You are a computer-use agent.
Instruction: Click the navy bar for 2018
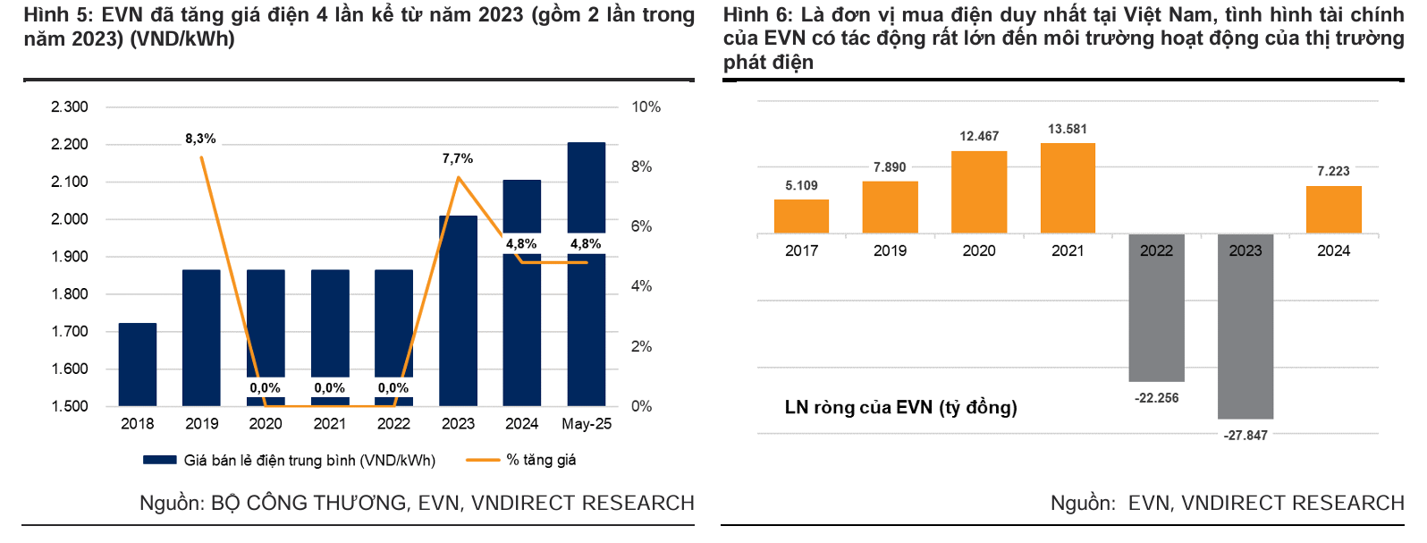(x=138, y=364)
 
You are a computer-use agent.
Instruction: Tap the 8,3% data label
(x=200, y=139)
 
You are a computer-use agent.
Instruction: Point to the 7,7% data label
(x=458, y=158)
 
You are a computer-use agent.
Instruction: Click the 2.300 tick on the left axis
(x=70, y=107)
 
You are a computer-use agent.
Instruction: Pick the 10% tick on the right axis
(x=646, y=107)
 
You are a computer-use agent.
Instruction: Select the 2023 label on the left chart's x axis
(x=458, y=424)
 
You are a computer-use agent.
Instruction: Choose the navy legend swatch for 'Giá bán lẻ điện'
(x=160, y=460)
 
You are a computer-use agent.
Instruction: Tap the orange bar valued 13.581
(x=1068, y=188)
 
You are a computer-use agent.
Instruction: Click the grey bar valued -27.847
(x=1245, y=327)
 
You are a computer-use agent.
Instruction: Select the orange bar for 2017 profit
(x=801, y=216)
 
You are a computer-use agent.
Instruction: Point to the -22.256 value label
(x=1156, y=398)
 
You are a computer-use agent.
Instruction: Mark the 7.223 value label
(x=1333, y=171)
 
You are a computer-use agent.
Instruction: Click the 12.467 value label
(x=979, y=136)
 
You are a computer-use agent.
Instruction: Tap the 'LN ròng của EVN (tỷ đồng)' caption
(x=900, y=408)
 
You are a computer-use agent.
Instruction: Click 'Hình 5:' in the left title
(x=58, y=15)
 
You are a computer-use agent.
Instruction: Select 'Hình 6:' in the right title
(x=757, y=15)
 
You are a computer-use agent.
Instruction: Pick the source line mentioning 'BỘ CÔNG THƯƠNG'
(x=417, y=504)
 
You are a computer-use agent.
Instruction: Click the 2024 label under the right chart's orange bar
(x=1333, y=251)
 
